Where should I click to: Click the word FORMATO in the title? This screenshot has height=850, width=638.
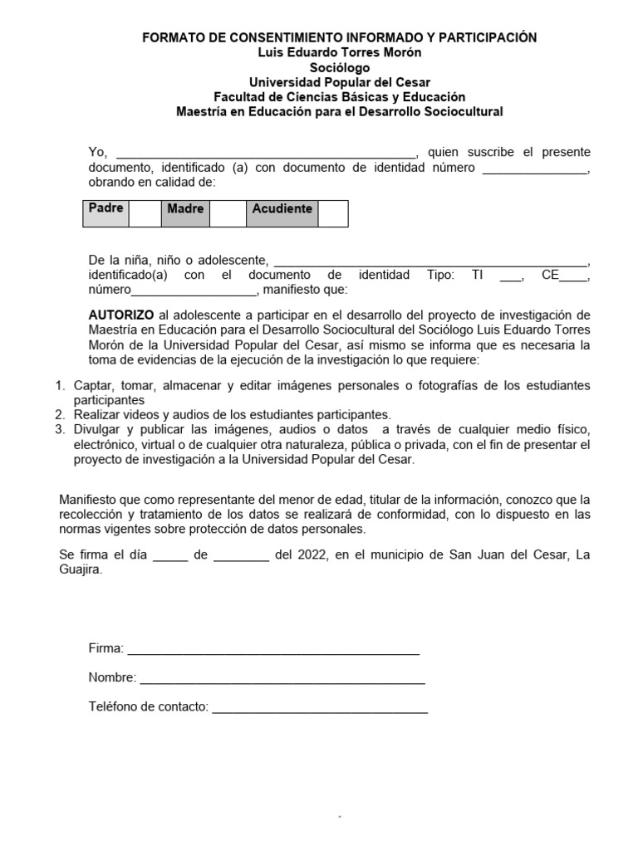(171, 37)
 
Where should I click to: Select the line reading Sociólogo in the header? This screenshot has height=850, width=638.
(340, 67)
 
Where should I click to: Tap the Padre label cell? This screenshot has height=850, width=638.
(106, 209)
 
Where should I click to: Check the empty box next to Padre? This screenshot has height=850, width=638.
(144, 212)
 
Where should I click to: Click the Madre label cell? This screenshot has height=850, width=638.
(184, 209)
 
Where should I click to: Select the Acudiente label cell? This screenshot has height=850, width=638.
(282, 209)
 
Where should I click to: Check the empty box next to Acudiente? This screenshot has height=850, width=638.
(332, 212)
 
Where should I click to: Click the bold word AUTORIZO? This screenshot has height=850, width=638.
(121, 315)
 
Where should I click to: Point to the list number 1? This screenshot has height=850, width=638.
(59, 386)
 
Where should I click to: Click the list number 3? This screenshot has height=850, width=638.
(59, 429)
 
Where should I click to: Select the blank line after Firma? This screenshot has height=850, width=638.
(273, 650)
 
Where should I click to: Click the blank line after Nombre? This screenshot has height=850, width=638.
(282, 680)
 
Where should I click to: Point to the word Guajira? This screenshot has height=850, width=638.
(81, 570)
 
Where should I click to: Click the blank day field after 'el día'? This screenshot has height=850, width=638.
(170, 556)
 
